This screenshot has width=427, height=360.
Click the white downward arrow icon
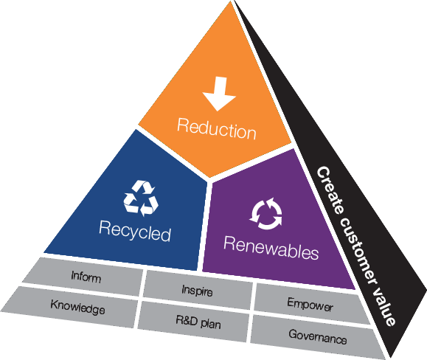pos(219,94)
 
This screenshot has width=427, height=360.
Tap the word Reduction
pos(217,129)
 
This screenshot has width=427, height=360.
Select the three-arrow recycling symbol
pos(141,198)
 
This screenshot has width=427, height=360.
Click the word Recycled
pos(135,231)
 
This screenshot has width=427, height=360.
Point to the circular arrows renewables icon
pos(266,213)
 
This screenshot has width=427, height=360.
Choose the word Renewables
pos(271,248)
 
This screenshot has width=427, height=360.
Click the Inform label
pos(86,277)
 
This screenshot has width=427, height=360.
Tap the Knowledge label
pos(78,307)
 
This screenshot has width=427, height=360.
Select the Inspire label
pos(197,291)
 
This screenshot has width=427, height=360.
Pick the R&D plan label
pos(198,322)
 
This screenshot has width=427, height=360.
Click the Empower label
pos(310,305)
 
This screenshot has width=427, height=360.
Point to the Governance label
pos(318,337)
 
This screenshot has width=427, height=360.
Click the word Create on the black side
pos(330,190)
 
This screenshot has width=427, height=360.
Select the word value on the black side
pos(384,306)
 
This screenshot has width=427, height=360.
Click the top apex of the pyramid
pos(232,1)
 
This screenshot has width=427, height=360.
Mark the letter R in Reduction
pos(182,125)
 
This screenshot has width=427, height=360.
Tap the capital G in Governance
pos(293,333)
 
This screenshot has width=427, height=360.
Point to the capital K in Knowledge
pos(54,304)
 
